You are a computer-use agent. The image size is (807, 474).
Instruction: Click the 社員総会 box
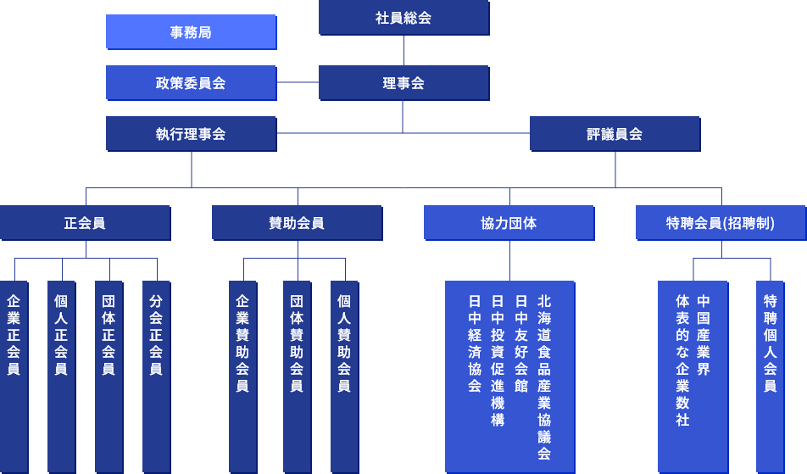coord(403,17)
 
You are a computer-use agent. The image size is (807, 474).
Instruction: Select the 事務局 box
coord(191,32)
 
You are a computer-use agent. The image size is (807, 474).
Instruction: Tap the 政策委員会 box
coord(191,83)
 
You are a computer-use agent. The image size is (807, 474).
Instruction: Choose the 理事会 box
coord(403,83)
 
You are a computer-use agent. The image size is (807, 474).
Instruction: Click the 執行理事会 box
coord(191,134)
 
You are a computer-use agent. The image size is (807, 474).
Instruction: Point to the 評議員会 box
coord(615,134)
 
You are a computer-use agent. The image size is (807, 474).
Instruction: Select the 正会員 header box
coord(85,223)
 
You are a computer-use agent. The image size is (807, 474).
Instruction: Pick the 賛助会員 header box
coord(297,223)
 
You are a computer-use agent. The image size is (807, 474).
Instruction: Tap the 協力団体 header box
coord(509,223)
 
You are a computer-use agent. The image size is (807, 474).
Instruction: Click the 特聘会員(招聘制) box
coord(721,223)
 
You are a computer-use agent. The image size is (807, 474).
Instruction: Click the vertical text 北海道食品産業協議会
coord(544,376)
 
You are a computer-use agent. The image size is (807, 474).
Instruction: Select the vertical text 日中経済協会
coord(475,343)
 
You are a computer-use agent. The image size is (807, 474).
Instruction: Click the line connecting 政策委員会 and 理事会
coord(298,82)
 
